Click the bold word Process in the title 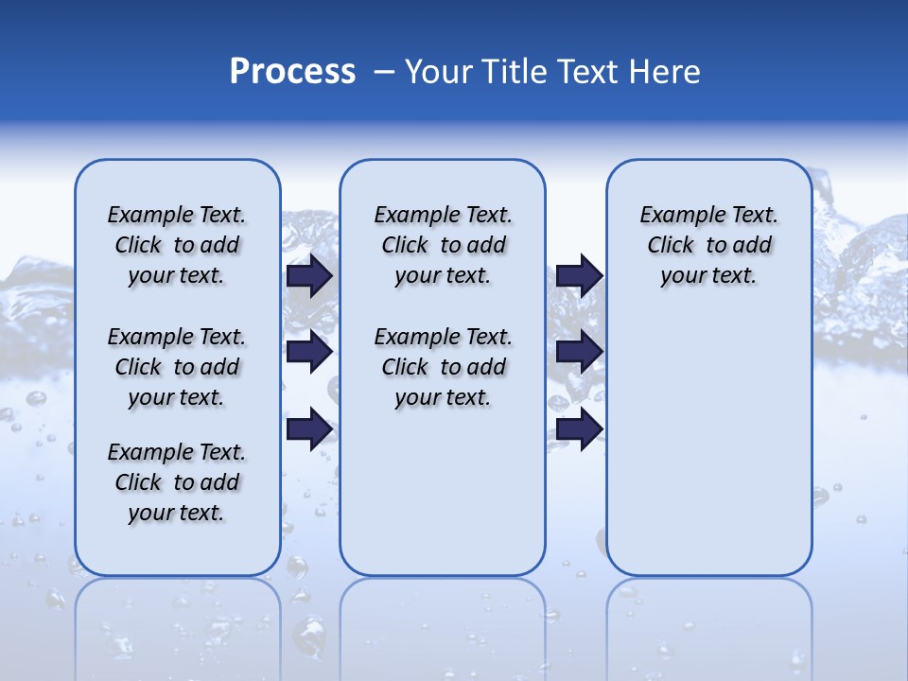point(292,72)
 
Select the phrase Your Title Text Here point(552,72)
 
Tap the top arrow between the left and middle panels point(309,275)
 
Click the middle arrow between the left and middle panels point(309,352)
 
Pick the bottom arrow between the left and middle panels point(309,428)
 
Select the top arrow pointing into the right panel point(579,275)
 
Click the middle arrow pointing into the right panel point(579,352)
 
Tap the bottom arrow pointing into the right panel point(579,428)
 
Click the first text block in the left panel point(177,245)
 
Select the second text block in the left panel point(177,367)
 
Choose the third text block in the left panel point(177,482)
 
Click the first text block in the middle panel point(443,245)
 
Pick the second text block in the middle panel point(443,367)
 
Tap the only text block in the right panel point(709,245)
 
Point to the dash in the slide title point(384,72)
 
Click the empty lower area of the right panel point(709,454)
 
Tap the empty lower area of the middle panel point(443,492)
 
